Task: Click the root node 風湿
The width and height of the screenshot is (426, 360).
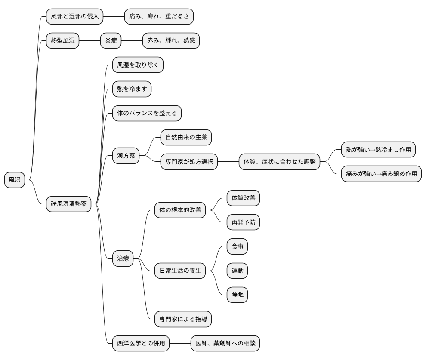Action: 15,180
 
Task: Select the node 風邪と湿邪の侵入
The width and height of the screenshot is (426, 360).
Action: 75,16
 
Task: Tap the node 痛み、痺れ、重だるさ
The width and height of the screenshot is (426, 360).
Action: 159,16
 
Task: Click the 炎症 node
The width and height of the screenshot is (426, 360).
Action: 111,40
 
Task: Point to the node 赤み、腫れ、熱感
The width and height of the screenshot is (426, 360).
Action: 171,40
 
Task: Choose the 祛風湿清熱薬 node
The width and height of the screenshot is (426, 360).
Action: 69,204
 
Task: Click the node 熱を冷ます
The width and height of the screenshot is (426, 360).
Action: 132,89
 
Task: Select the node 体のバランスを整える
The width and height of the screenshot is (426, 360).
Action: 147,113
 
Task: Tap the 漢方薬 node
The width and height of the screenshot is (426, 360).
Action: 126,156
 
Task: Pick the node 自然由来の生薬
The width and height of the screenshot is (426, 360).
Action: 186,137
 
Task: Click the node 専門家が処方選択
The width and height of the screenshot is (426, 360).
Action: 189,162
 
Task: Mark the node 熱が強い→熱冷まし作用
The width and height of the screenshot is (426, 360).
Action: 379,149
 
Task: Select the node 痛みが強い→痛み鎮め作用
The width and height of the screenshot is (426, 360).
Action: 381,174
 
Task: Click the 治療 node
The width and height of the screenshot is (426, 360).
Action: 123,258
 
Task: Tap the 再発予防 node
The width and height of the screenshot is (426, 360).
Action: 244,222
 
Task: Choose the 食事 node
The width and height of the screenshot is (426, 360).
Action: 238,246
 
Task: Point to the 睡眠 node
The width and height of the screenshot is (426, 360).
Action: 238,295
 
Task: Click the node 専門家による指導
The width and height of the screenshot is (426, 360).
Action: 183,319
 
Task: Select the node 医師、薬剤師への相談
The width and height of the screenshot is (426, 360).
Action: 225,343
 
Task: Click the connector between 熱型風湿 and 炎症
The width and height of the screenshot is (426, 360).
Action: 90,41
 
